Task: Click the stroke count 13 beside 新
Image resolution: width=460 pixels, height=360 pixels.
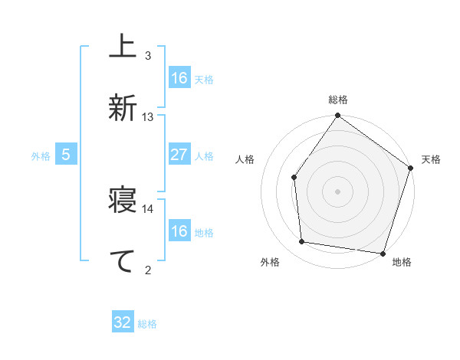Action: pos(148,117)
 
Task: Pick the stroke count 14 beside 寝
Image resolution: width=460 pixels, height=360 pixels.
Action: pos(148,208)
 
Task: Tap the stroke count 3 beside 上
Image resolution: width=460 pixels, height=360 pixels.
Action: pos(148,56)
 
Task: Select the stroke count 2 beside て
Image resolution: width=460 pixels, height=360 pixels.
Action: pos(148,269)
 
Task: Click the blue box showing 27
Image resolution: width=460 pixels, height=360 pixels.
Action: pos(179,155)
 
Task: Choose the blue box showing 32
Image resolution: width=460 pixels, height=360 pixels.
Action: pos(123,322)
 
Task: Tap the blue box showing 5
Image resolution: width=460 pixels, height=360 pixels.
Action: pos(66,155)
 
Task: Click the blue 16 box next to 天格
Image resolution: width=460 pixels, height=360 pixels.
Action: pos(179,78)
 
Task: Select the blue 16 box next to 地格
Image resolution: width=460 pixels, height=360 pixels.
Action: pos(179,231)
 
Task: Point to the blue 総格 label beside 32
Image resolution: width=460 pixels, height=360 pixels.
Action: pos(147,324)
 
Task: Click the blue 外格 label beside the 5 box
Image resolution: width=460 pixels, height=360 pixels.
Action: pos(41,156)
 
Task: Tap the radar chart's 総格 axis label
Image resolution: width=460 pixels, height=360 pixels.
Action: pos(337,100)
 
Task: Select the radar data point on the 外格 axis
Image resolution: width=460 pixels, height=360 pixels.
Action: pos(302,242)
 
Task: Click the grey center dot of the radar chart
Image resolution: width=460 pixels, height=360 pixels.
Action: pos(337,191)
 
